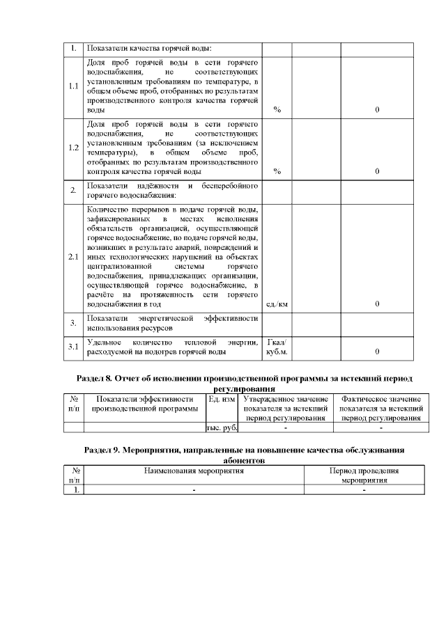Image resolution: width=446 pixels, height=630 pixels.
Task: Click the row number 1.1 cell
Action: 73,87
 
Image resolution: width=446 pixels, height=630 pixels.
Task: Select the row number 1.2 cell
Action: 73,148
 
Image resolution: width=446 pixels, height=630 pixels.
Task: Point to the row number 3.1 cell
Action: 73,347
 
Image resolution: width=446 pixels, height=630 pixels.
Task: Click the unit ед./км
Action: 277,304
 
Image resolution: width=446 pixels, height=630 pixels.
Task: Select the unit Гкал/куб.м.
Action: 277,347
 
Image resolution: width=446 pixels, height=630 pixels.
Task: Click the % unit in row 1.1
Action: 277,110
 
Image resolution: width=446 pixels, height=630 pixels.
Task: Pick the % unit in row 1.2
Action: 277,171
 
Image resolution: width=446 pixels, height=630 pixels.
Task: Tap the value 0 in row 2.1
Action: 377,304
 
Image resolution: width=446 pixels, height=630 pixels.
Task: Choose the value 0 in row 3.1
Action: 377,352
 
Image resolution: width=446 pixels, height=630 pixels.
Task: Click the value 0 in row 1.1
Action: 377,110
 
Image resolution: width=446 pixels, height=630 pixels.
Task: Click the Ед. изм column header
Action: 222,399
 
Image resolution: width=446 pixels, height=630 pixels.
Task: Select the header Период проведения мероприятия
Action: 364,476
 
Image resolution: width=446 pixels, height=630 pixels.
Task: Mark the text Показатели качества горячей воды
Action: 148,49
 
